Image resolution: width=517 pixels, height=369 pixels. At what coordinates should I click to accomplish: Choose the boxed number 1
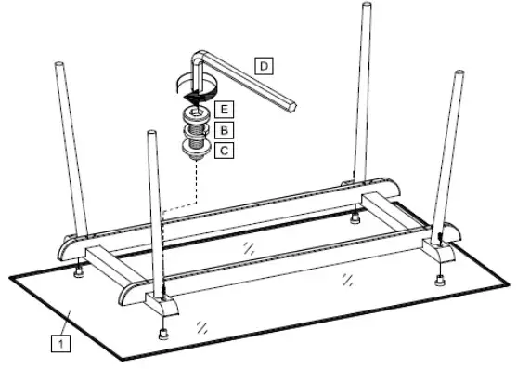pyautogui.click(x=60, y=344)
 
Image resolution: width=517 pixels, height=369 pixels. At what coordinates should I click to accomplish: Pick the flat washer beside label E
pyautogui.click(x=196, y=113)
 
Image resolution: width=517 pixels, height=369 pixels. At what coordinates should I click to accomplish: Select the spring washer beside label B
pyautogui.click(x=196, y=131)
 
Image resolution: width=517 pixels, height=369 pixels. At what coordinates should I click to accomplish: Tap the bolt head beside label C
pyautogui.click(x=196, y=148)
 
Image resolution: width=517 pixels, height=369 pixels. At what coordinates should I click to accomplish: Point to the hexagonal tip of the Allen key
pyautogui.click(x=293, y=105)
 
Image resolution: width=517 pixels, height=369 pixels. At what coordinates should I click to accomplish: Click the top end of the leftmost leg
pyautogui.click(x=62, y=67)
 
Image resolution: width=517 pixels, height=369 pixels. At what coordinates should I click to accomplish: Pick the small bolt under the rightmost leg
pyautogui.click(x=438, y=277)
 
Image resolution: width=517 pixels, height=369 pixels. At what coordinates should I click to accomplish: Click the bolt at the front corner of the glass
pyautogui.click(x=164, y=332)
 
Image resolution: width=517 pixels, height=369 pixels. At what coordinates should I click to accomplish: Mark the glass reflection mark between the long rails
pyautogui.click(x=248, y=245)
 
